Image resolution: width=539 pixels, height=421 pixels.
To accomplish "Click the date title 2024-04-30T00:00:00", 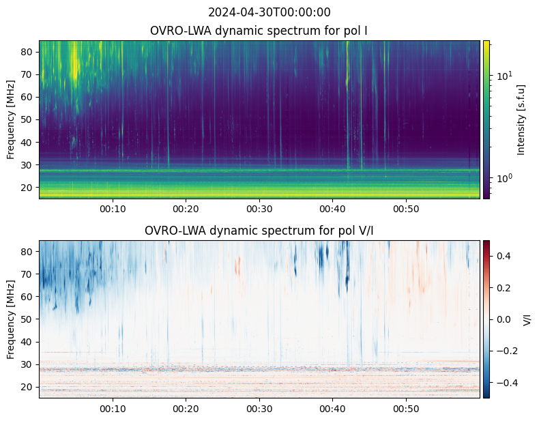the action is (x=269, y=12).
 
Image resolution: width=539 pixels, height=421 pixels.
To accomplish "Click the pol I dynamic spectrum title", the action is (x=259, y=31).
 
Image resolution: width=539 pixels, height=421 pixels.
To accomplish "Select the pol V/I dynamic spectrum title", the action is (x=259, y=230).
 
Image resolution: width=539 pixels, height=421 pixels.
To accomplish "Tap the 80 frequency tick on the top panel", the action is (x=27, y=52).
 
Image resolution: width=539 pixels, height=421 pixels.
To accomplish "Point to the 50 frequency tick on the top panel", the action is (x=27, y=119).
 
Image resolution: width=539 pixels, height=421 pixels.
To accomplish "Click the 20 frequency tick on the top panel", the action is (x=27, y=188).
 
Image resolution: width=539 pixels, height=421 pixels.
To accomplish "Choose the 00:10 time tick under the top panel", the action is (x=113, y=209).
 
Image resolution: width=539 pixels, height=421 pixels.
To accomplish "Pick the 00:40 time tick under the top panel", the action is (x=332, y=209).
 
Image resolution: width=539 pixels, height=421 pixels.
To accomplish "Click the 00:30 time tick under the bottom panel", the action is (x=259, y=409).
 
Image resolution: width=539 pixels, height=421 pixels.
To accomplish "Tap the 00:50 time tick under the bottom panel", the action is (x=406, y=409).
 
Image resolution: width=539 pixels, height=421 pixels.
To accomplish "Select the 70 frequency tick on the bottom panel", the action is (x=27, y=274).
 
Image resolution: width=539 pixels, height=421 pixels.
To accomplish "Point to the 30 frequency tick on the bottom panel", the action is (x=27, y=364).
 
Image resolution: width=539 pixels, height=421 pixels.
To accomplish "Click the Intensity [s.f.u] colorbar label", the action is (x=521, y=120).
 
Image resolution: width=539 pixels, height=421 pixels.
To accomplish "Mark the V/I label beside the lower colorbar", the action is (x=527, y=319).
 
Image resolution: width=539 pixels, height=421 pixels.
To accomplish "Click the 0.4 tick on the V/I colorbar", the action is (x=504, y=256).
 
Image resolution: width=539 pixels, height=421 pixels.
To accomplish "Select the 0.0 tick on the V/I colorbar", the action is (x=504, y=319).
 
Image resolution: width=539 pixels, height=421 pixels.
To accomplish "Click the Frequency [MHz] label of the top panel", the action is (x=11, y=120).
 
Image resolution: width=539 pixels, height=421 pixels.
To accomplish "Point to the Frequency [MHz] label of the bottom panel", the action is (x=11, y=319).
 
